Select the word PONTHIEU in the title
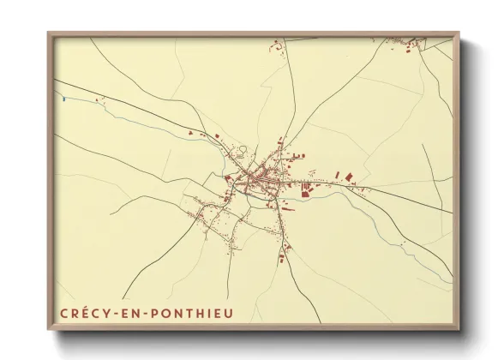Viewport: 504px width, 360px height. (x=182, y=314)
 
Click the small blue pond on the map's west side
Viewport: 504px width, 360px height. (x=64, y=99)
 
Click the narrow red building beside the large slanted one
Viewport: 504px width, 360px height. (x=337, y=175)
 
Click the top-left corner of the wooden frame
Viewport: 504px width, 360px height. (x=49, y=34)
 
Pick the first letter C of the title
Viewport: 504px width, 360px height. (x=63, y=314)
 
